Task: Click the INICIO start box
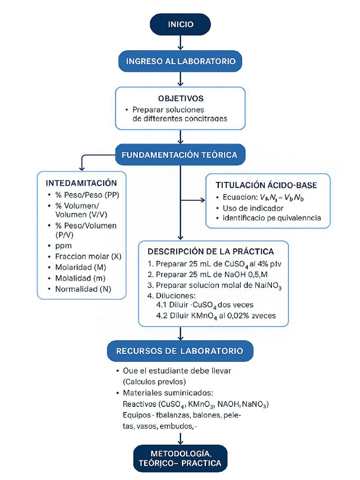(180, 24)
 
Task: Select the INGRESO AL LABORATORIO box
(180, 61)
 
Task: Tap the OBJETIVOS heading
(180, 98)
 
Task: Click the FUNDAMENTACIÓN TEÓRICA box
(180, 155)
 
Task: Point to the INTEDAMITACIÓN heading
(81, 183)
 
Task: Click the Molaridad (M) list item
(80, 267)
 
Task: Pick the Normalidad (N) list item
(83, 289)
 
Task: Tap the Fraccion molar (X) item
(88, 256)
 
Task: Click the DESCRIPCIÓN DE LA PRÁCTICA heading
(210, 252)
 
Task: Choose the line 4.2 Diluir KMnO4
(216, 315)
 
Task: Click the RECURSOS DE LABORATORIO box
(180, 351)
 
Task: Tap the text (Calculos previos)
(155, 381)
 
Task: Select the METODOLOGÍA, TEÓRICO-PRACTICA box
(180, 458)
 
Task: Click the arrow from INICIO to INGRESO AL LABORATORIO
(180, 43)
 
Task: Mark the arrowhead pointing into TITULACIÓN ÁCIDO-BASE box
(202, 201)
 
